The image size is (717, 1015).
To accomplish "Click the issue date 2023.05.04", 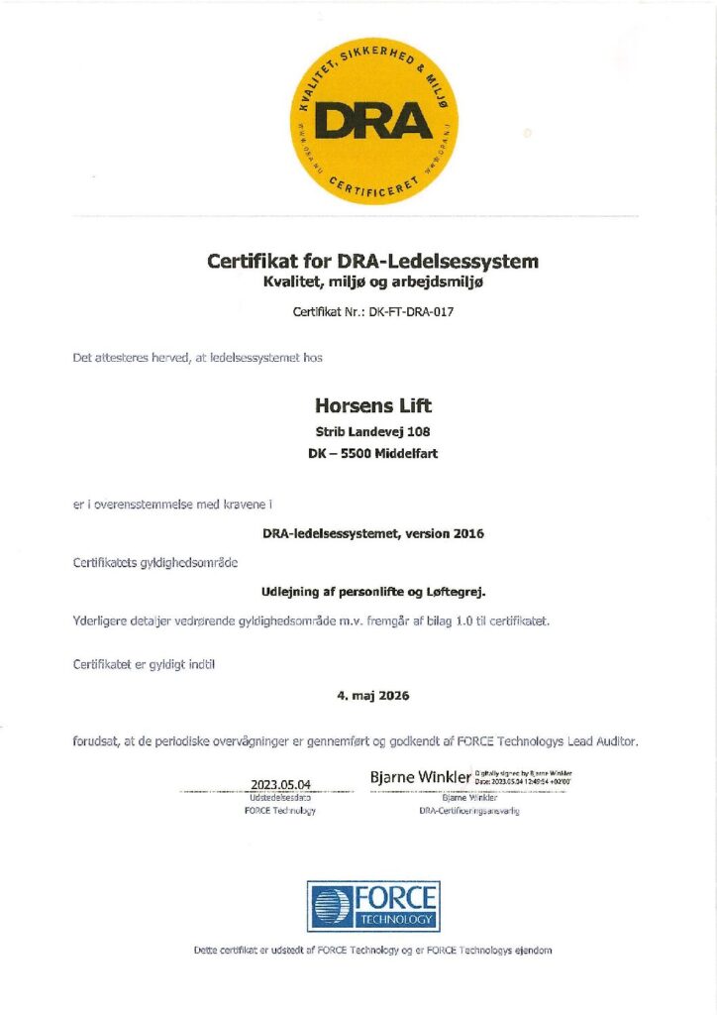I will click(x=280, y=785).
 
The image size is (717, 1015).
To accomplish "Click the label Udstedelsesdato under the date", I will click(x=280, y=798).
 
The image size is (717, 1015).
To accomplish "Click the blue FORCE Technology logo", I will click(x=372, y=906).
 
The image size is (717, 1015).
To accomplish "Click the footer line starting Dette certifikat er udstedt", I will click(x=372, y=951).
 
